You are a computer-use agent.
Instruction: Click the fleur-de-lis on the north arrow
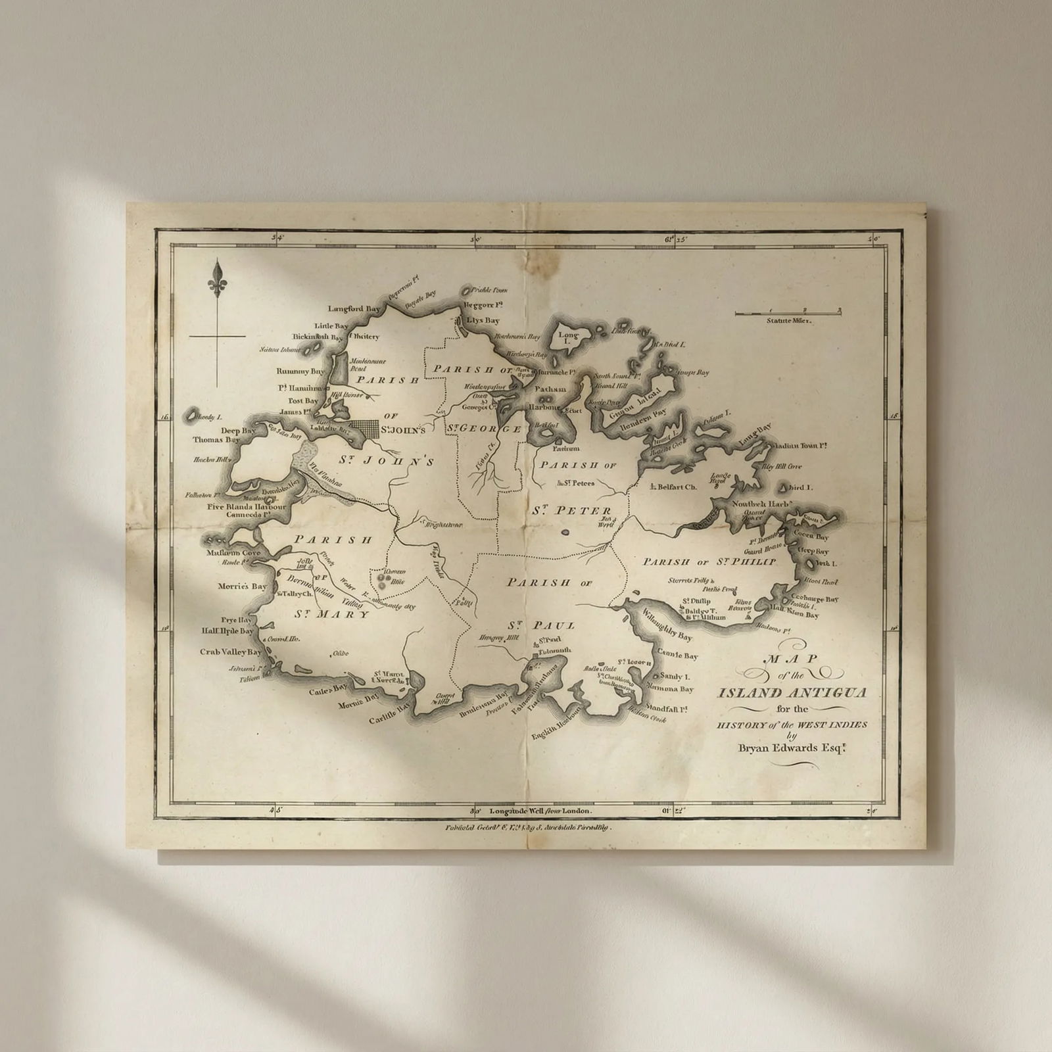pos(218,275)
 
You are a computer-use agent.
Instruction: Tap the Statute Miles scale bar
pos(788,312)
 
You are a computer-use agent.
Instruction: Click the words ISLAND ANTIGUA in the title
pos(792,693)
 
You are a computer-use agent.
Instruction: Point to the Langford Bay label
pos(355,308)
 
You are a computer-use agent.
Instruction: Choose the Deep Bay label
pos(238,431)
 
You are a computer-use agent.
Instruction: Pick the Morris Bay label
pos(243,586)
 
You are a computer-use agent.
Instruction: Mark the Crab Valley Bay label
pos(231,652)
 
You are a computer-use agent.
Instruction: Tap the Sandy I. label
pos(675,676)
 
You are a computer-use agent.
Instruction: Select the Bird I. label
pos(801,488)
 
